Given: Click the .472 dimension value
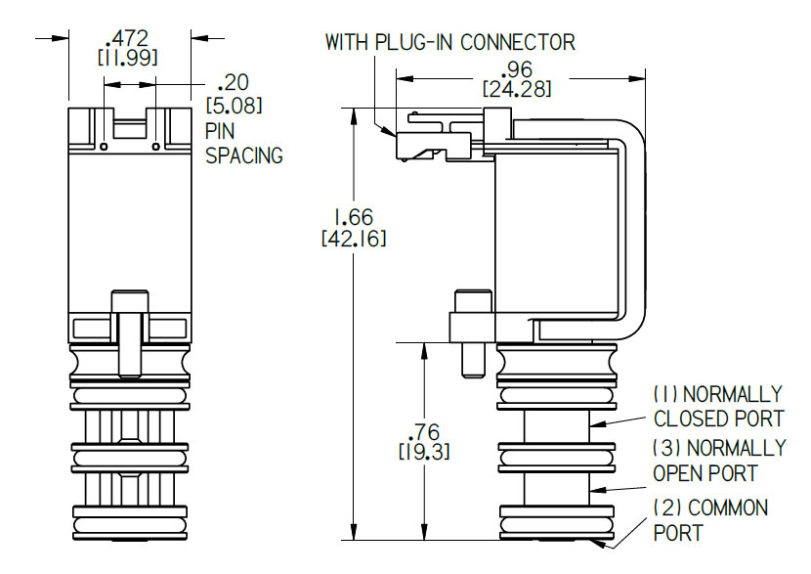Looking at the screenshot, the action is (127, 38).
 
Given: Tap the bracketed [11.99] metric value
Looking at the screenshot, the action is (127, 58).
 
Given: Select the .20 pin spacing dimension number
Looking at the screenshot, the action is (233, 82).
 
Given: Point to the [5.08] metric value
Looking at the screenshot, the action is (235, 106).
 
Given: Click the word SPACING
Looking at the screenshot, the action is (244, 155).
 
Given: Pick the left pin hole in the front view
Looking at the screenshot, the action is (104, 147).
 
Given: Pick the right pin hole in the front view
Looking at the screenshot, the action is (155, 147).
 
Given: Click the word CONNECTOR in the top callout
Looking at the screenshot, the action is (517, 42).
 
